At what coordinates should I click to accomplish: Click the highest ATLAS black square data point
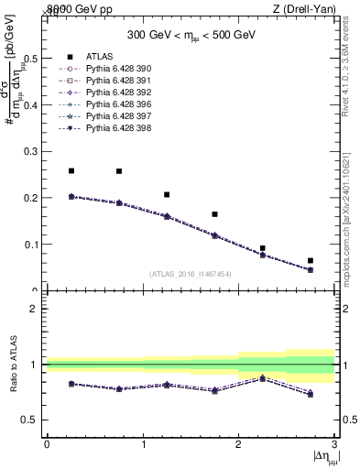pos(71,170)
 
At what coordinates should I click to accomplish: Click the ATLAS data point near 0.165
pos(214,214)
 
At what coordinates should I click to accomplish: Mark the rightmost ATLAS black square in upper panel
pos(311,260)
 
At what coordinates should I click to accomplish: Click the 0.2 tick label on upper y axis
pos(32,198)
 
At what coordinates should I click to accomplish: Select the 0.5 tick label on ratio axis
pos(32,420)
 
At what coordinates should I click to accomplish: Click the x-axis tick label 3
pos(334,444)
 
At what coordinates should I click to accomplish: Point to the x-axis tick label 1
pos(143,444)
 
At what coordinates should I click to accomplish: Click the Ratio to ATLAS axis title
pos(14,364)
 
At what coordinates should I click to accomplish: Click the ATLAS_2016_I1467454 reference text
pos(190,273)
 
